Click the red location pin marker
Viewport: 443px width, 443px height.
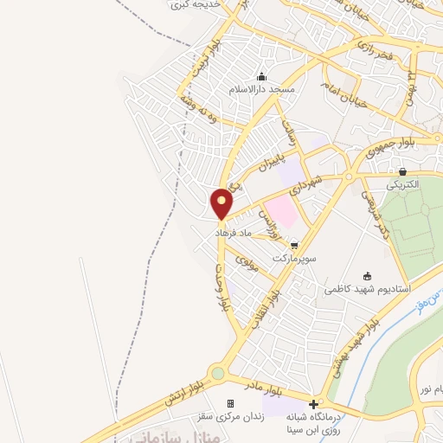click(x=222, y=202)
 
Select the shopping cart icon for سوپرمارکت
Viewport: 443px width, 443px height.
click(x=295, y=246)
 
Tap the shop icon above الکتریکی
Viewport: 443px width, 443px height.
click(x=402, y=170)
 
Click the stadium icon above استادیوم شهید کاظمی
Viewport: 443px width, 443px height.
click(x=368, y=276)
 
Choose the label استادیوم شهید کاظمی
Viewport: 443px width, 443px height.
click(x=368, y=288)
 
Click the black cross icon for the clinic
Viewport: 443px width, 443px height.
click(x=313, y=403)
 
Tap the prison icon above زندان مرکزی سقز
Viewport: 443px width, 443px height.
click(x=230, y=403)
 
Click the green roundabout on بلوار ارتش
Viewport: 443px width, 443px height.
click(x=217, y=374)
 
